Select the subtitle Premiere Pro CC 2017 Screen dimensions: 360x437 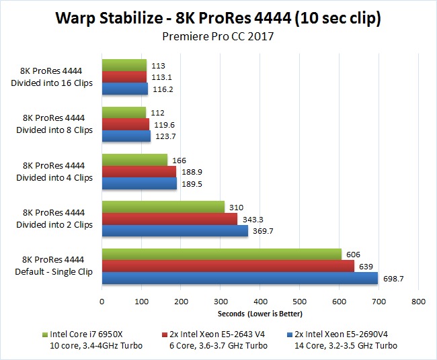tap(218, 36)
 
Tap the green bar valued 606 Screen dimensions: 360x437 tap(221, 255)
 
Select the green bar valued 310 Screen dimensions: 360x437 tap(163, 208)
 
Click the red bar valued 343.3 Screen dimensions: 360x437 tap(169, 219)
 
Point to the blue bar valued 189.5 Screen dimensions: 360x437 tap(139, 183)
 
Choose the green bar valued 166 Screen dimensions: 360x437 tap(134, 160)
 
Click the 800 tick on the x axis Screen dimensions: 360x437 tap(418, 302)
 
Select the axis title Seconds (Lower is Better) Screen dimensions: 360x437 tap(260, 314)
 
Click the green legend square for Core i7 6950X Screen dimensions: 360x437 tap(43, 334)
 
